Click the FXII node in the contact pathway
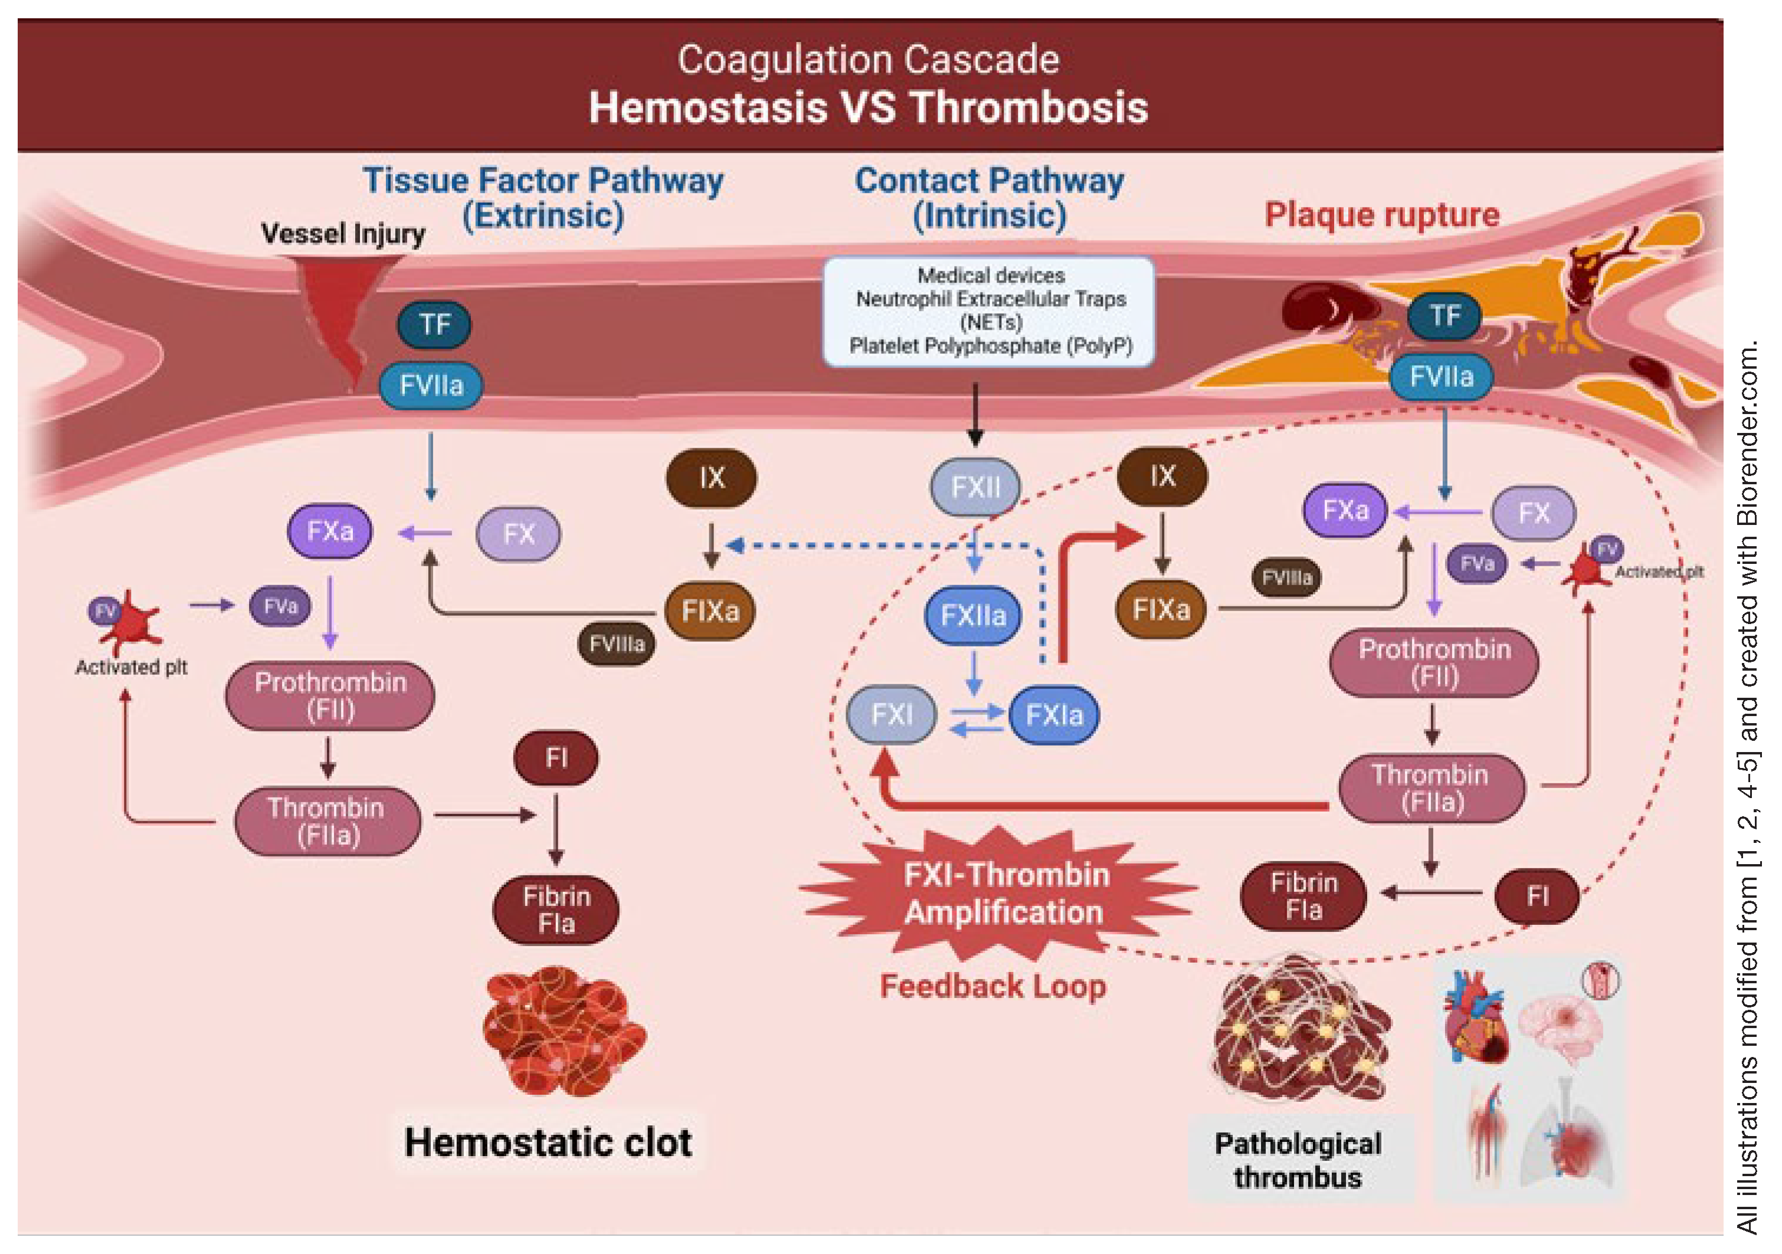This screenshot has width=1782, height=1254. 975,487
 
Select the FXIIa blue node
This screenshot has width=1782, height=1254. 972,615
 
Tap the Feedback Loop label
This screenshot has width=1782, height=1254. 992,986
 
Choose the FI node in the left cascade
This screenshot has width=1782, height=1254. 556,757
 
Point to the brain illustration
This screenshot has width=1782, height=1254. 1560,1025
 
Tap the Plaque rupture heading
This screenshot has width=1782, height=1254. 1381,214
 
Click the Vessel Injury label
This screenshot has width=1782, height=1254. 342,233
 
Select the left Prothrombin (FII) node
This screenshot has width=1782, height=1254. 330,695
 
